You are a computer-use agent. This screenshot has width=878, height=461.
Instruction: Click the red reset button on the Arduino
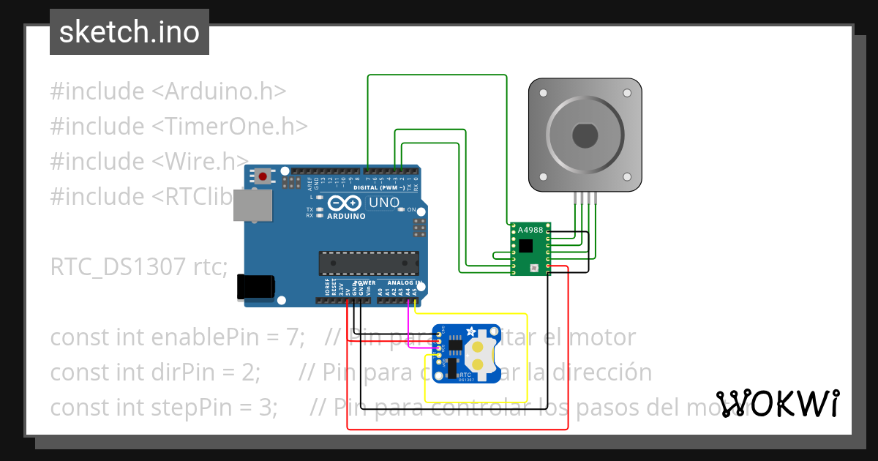[x=262, y=176]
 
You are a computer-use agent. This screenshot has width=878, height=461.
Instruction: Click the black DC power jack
[x=255, y=287]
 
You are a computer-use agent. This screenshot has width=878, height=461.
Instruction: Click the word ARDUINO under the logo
[x=347, y=216]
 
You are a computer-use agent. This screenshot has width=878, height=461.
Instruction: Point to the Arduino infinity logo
[x=344, y=203]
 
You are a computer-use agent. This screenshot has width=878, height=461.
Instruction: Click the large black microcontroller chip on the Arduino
[x=369, y=264]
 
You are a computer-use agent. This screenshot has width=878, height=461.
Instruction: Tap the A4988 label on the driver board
[x=530, y=230]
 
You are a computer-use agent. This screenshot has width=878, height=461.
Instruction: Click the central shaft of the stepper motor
[x=585, y=135]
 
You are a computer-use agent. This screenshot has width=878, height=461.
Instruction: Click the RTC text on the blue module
[x=465, y=373]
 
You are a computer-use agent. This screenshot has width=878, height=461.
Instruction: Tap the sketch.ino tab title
[x=129, y=31]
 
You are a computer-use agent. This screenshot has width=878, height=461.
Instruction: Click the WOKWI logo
[x=777, y=404]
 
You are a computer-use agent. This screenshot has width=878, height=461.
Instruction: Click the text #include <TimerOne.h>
[x=179, y=126]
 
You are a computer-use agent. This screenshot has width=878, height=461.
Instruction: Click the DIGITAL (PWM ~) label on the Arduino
[x=380, y=187]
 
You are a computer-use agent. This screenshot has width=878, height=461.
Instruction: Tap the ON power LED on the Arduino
[x=401, y=209]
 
